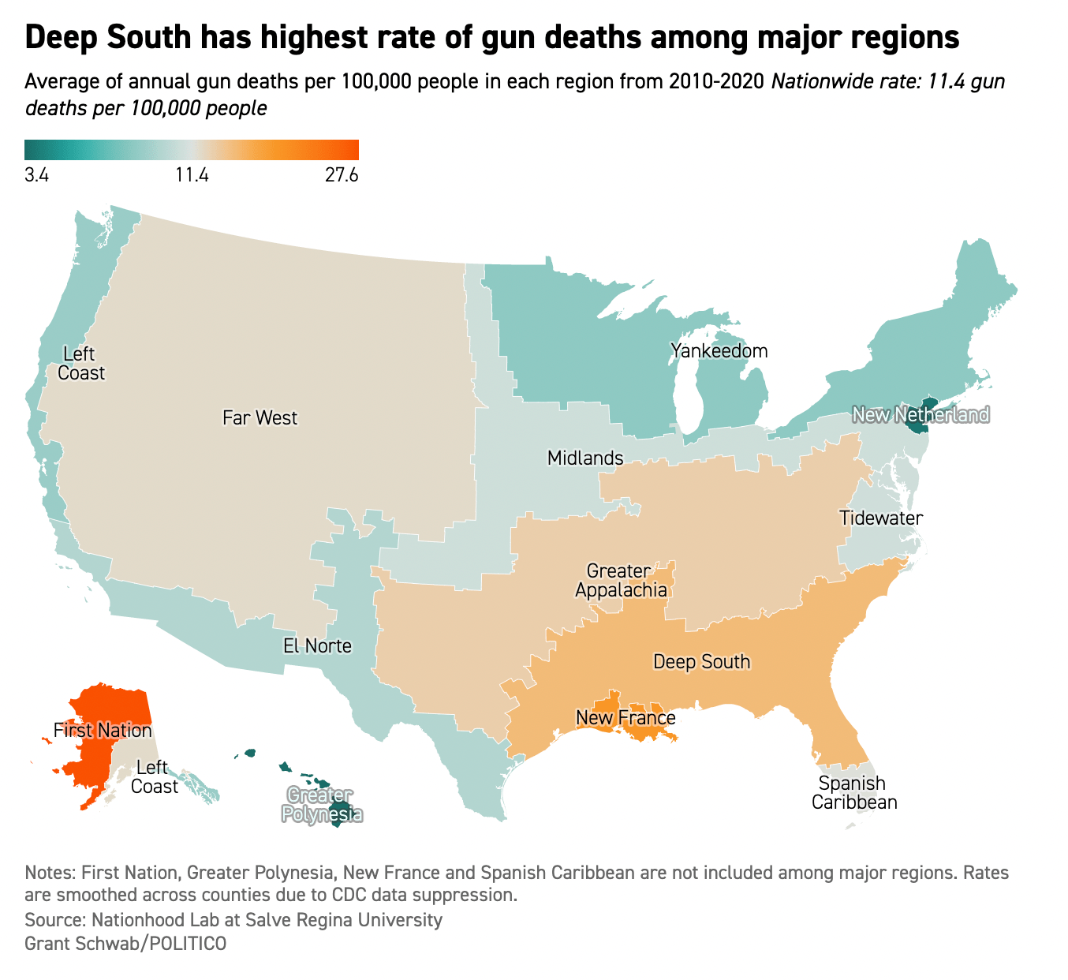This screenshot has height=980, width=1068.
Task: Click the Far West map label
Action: (260, 417)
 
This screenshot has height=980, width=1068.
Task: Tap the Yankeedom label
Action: (719, 350)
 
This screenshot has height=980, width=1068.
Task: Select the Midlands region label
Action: (585, 458)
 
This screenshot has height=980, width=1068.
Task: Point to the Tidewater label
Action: (881, 518)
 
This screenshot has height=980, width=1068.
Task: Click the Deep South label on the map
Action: (701, 661)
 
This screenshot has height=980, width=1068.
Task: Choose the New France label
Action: (625, 717)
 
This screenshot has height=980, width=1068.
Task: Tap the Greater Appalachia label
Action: (620, 580)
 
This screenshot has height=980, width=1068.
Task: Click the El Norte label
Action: (317, 646)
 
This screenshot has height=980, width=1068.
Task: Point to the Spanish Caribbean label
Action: (854, 793)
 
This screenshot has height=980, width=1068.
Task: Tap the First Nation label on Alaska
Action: (103, 730)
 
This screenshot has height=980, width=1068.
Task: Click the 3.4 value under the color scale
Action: (37, 175)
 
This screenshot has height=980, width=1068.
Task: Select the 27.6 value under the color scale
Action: (342, 175)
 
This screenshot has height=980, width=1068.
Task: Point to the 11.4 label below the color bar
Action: (192, 175)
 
